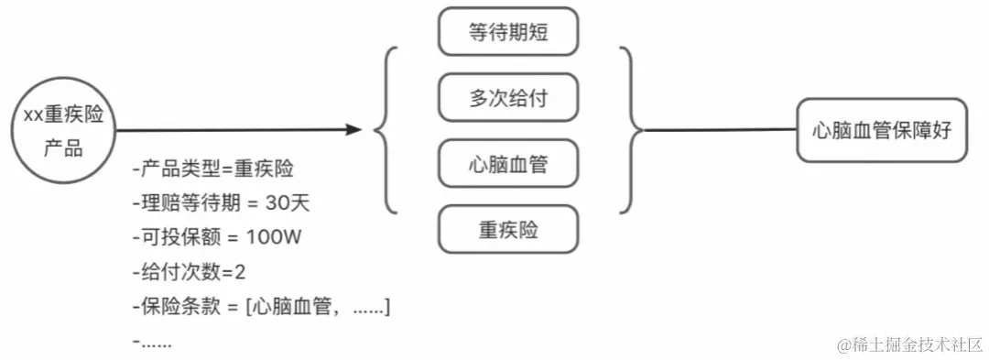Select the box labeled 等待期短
(x=509, y=33)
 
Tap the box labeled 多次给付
(x=509, y=98)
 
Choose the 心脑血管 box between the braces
(x=509, y=164)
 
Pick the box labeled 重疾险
(x=509, y=229)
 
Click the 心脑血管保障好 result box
(x=882, y=131)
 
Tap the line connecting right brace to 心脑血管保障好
(x=719, y=131)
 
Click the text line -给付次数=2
(x=189, y=272)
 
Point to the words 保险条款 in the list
(x=180, y=306)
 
